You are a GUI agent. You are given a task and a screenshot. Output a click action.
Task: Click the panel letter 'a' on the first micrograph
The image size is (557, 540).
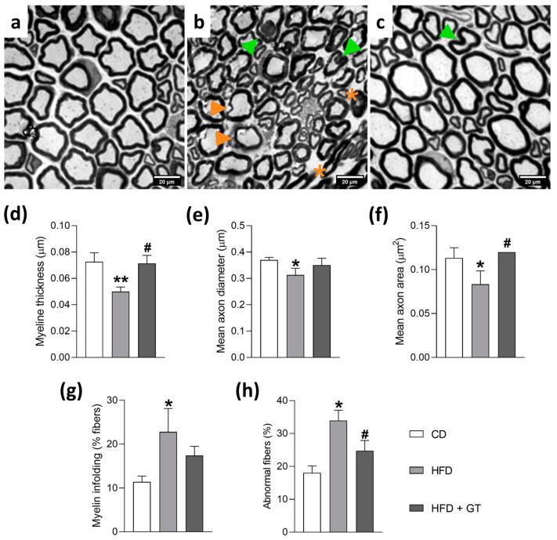[x=17, y=18]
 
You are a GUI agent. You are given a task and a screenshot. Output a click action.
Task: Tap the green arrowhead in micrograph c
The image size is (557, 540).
[x=446, y=32]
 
